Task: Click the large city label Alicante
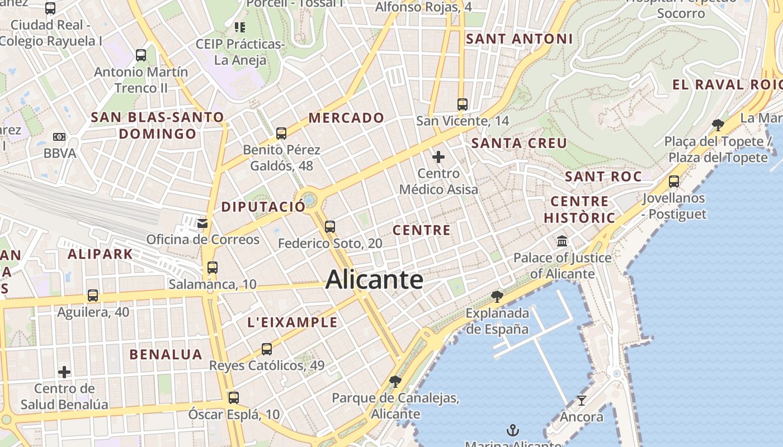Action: (374, 279)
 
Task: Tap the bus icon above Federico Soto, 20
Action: (330, 226)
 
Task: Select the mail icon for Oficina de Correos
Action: (202, 223)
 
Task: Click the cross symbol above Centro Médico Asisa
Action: (438, 157)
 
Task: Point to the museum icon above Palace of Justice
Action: (562, 241)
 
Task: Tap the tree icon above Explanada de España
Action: (497, 296)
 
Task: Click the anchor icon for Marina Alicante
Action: (512, 430)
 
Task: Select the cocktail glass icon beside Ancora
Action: (582, 400)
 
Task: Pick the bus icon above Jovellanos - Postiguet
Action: (674, 181)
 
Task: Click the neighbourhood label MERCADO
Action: (346, 118)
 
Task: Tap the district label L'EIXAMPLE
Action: (293, 322)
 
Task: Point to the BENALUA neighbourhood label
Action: (166, 354)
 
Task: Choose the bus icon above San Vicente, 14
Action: (463, 104)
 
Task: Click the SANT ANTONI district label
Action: (519, 39)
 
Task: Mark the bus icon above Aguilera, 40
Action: (93, 295)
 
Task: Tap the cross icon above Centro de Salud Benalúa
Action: (64, 372)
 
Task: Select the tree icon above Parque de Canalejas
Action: (395, 382)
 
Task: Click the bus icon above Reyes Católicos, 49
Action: (267, 349)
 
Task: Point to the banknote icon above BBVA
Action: (59, 137)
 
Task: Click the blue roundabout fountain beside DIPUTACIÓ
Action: (308, 199)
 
